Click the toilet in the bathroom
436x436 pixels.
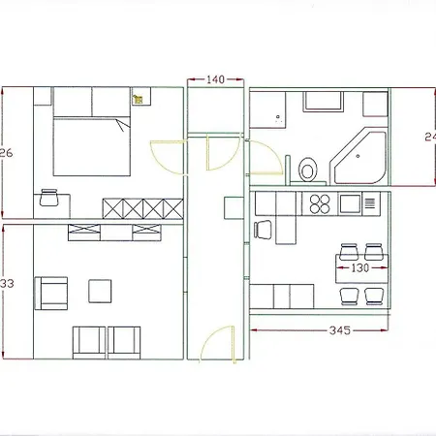pyautogui.click(x=308, y=170)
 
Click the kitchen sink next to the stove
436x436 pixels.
pyautogui.click(x=349, y=203)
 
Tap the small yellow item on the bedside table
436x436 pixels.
pyautogui.click(x=138, y=98)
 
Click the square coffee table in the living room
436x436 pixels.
pyautogui.click(x=100, y=291)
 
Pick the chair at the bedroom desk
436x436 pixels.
pyautogui.click(x=49, y=199)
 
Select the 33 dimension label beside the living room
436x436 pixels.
pyautogui.click(x=7, y=284)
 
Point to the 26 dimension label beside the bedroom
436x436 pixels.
pyautogui.click(x=7, y=153)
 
